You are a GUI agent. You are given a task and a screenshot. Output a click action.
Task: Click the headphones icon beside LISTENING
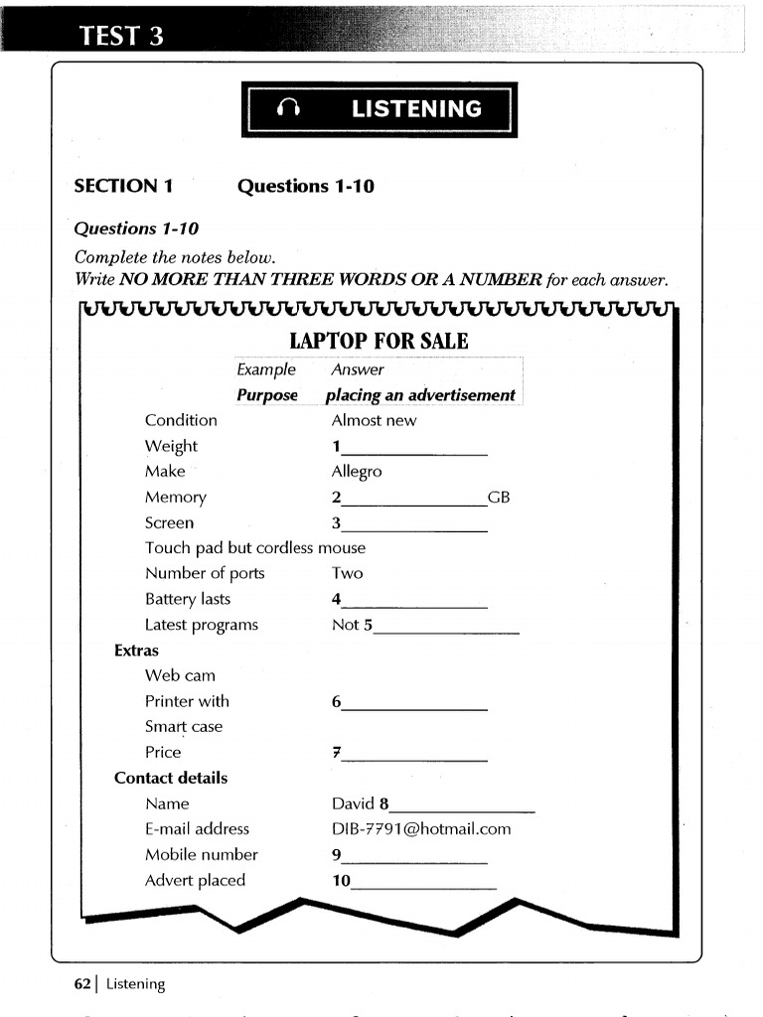pyautogui.click(x=289, y=110)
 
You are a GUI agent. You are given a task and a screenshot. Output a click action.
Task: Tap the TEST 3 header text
pyautogui.click(x=121, y=37)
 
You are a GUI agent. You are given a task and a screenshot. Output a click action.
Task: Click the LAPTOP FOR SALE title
pyautogui.click(x=379, y=342)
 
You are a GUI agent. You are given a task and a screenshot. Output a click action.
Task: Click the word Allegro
pyautogui.click(x=357, y=472)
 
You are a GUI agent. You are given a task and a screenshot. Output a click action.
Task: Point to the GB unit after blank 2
pyautogui.click(x=499, y=498)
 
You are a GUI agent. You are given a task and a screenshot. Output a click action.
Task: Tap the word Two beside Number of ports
pyautogui.click(x=348, y=573)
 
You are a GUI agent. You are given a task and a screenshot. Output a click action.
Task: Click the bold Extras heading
pyautogui.click(x=137, y=651)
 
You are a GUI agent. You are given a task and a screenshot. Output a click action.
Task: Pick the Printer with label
pyautogui.click(x=187, y=701)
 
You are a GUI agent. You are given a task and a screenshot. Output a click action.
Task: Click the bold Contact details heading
pyautogui.click(x=171, y=778)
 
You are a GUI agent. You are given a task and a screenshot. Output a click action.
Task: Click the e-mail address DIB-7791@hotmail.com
pyautogui.click(x=421, y=828)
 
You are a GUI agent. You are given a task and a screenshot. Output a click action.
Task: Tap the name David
pyautogui.click(x=353, y=803)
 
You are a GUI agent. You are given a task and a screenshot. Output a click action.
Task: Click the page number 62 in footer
pyautogui.click(x=82, y=984)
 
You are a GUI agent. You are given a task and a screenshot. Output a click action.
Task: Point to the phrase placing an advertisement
pyautogui.click(x=420, y=395)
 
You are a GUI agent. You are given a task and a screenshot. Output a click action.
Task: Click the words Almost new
pyautogui.click(x=374, y=420)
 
